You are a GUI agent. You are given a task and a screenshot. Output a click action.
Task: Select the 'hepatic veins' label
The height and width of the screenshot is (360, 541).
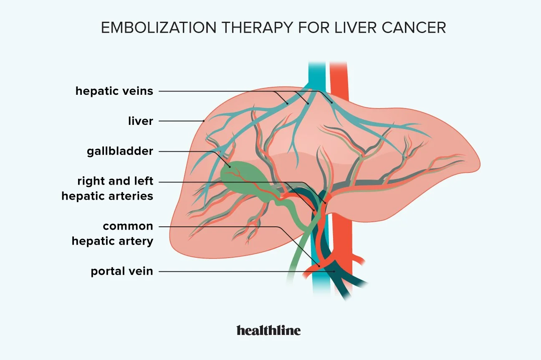pos(114,91)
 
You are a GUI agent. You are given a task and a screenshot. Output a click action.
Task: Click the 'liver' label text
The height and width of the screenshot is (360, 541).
pos(141,121)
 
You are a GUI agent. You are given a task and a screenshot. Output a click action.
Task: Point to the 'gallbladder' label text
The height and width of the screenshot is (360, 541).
pos(120,151)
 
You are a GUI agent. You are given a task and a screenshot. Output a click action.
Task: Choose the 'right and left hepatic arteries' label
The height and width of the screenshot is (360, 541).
pos(107,188)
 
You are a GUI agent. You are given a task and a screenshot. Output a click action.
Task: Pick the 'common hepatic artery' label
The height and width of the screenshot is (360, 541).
pos(112,233)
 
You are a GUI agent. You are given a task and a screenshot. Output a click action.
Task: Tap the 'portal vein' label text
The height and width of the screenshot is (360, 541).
pos(122,271)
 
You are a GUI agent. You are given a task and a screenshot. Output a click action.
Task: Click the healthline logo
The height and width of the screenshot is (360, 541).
pos(268,330)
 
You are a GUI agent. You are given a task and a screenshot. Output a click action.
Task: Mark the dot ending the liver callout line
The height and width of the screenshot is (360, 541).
pos(204,121)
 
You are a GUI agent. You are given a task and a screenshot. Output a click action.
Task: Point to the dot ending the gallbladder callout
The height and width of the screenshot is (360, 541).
pos(229,167)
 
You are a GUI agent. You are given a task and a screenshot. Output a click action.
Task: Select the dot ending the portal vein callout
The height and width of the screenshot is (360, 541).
pos(334,271)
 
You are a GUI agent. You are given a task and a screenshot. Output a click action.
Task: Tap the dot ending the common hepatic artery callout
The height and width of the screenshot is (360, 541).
pos(319,265)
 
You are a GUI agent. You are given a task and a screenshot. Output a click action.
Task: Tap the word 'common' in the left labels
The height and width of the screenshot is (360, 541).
pos(128,226)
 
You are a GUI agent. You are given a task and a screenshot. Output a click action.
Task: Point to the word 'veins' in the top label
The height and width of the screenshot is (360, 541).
pos(138,91)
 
